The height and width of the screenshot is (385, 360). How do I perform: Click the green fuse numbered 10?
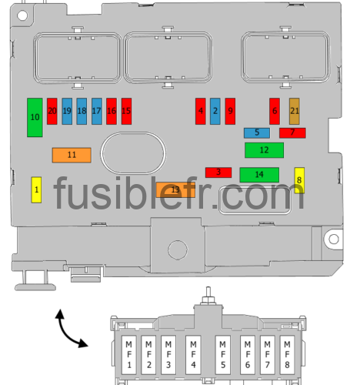[35, 117]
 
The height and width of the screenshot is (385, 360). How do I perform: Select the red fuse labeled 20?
[52, 111]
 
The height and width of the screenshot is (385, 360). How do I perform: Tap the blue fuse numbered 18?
[82, 111]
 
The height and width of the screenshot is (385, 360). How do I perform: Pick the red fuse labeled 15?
[126, 111]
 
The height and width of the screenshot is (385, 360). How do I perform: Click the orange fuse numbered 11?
[72, 155]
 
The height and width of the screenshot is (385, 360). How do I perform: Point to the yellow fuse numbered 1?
[36, 190]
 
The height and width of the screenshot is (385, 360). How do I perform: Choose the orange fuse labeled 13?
[175, 190]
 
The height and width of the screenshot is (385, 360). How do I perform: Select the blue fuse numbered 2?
[215, 111]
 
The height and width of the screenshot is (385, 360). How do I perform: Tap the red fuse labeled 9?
[230, 111]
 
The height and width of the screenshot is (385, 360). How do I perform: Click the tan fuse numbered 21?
[295, 111]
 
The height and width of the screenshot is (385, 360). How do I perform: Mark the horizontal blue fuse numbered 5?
[257, 133]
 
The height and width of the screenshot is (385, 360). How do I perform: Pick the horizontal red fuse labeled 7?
[292, 133]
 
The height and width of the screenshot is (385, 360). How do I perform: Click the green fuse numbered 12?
[264, 150]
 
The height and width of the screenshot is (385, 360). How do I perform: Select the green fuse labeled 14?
[259, 175]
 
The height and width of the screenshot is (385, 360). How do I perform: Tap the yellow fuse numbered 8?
[299, 180]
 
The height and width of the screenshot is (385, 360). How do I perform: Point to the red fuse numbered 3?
[218, 172]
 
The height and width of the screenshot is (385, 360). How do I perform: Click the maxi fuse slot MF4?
[193, 355]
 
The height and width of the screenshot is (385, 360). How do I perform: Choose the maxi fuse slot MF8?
[287, 355]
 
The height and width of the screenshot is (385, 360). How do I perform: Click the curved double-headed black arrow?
[65, 333]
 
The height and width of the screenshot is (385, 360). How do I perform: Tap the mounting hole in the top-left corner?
[22, 15]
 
